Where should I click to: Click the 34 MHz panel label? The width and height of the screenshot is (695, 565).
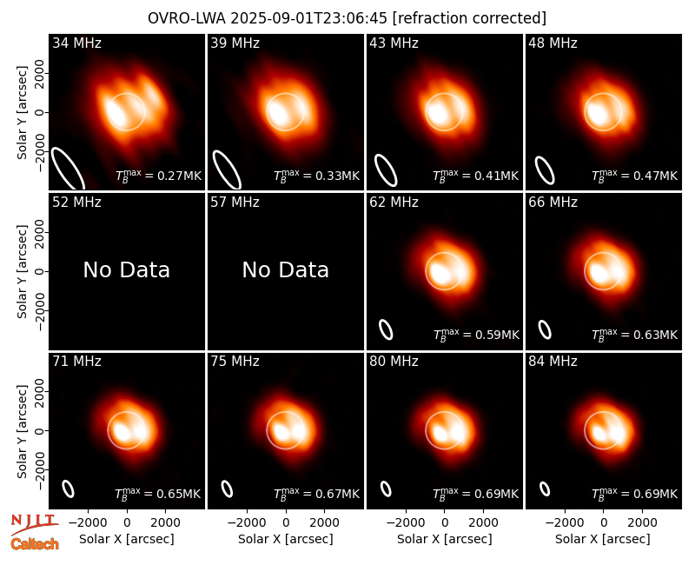(76, 43)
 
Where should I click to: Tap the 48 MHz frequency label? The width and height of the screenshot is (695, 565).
(553, 43)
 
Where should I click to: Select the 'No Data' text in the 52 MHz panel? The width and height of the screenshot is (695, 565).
(127, 269)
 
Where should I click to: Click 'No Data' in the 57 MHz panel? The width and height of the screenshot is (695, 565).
(286, 269)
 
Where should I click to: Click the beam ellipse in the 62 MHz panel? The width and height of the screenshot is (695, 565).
(386, 329)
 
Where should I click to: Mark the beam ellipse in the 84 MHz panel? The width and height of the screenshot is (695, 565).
(545, 489)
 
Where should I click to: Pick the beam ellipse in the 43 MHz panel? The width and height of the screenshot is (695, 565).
(386, 169)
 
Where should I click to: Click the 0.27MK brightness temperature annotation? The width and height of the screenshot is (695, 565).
(158, 176)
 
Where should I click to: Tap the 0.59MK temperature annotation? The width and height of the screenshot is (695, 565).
(476, 335)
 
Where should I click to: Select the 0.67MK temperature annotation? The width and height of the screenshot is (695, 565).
(316, 494)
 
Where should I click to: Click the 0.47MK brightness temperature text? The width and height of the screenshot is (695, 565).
(635, 176)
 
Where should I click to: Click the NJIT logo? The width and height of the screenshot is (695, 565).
(34, 523)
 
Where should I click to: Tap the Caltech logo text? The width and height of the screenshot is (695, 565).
(35, 544)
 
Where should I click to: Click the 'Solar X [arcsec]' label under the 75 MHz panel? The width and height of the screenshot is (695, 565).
(286, 539)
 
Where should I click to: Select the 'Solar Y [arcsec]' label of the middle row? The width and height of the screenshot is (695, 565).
(22, 271)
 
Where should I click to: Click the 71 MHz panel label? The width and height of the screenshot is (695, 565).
(76, 362)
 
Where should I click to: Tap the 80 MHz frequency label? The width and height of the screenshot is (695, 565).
(394, 362)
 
